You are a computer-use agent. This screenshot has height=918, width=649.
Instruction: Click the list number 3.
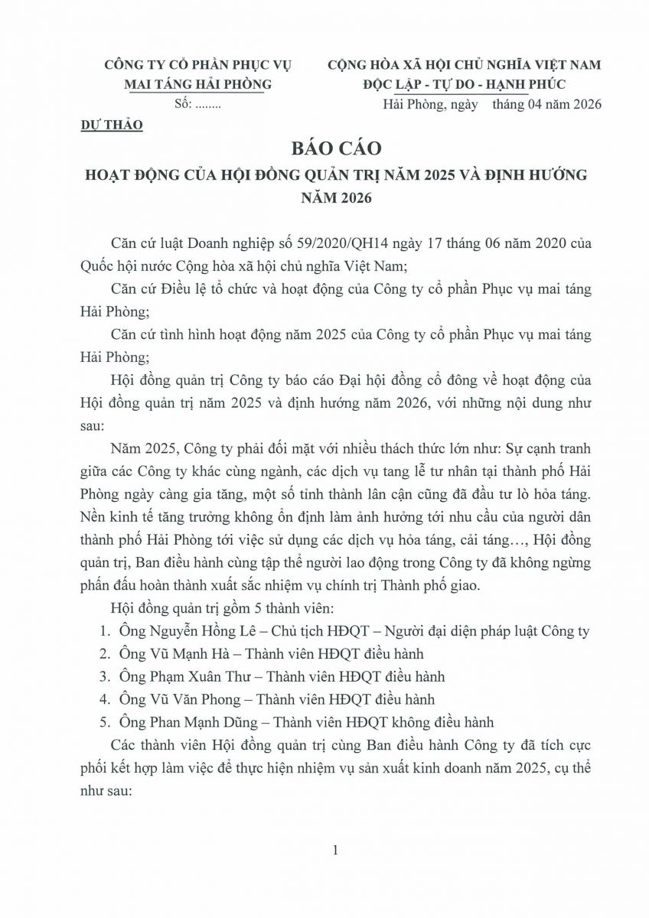[x=105, y=677]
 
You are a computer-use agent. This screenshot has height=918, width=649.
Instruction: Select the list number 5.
[x=105, y=721]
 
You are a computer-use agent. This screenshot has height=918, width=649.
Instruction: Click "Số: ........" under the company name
[x=197, y=105]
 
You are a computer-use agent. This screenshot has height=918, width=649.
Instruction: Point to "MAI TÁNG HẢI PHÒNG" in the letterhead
[x=197, y=84]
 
